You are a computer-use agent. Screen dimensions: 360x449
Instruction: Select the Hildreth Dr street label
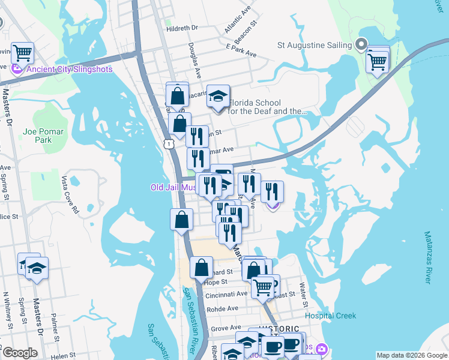183,28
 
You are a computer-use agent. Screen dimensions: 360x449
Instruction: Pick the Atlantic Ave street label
238,20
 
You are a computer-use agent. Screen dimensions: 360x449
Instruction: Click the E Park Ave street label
241,50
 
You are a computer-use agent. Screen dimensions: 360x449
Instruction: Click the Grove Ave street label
226,328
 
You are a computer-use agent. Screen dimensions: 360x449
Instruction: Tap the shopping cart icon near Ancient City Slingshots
23,53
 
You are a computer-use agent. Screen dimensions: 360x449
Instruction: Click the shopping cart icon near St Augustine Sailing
377,60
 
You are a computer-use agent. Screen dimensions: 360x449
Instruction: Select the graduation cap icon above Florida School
218,95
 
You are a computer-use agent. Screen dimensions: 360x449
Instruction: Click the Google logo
20,353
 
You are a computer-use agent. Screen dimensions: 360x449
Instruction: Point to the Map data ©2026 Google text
411,355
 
